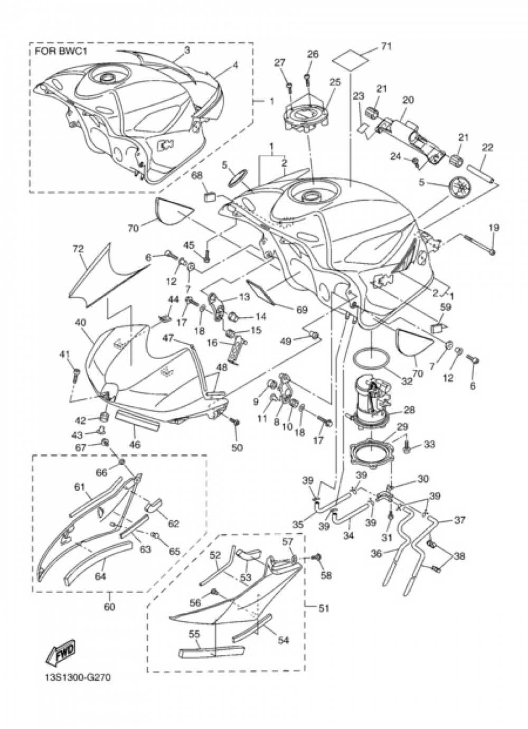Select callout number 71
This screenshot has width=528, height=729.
(386, 46)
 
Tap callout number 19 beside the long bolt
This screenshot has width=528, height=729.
(494, 228)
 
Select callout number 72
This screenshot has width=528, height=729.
(78, 250)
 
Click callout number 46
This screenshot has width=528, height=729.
(135, 445)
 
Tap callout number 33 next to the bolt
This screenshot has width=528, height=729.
(429, 444)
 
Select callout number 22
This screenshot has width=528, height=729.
(488, 148)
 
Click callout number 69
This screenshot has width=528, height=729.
(301, 310)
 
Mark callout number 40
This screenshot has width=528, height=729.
(80, 323)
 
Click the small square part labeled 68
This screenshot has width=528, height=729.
(210, 197)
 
